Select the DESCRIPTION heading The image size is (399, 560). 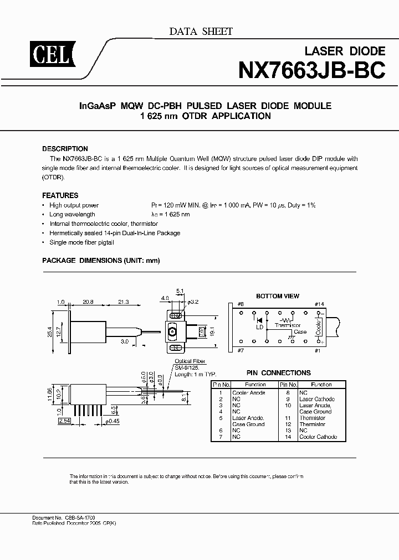tap(65, 149)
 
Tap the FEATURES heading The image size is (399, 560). tap(60, 195)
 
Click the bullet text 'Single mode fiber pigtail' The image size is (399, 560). tap(84, 243)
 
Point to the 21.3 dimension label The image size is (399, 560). tap(123, 302)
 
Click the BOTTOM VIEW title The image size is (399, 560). tap(277, 297)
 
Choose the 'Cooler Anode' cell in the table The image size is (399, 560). tap(248, 392)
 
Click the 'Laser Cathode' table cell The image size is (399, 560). tap(316, 399)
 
